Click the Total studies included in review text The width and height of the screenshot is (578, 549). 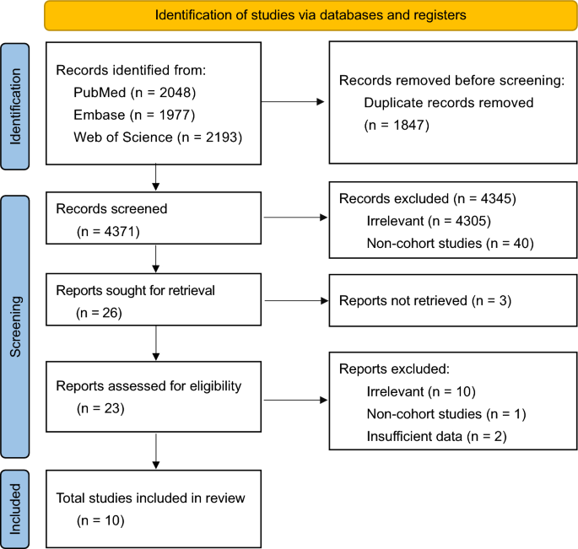coord(150,498)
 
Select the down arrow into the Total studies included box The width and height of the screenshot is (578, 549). coord(155,450)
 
